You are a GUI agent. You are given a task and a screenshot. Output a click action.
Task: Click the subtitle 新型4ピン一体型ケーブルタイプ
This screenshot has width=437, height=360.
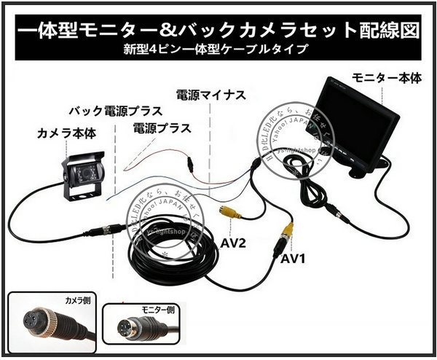click(219, 50)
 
